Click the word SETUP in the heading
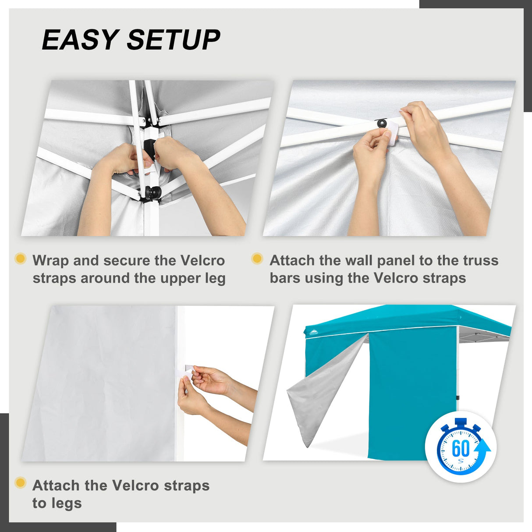[174, 40]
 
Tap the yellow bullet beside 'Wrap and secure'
[20, 259]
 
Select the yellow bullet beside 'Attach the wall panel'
[257, 259]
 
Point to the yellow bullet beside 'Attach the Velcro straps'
[20, 483]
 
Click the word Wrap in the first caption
[51, 260]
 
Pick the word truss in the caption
[481, 260]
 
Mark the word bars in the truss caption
[285, 278]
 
